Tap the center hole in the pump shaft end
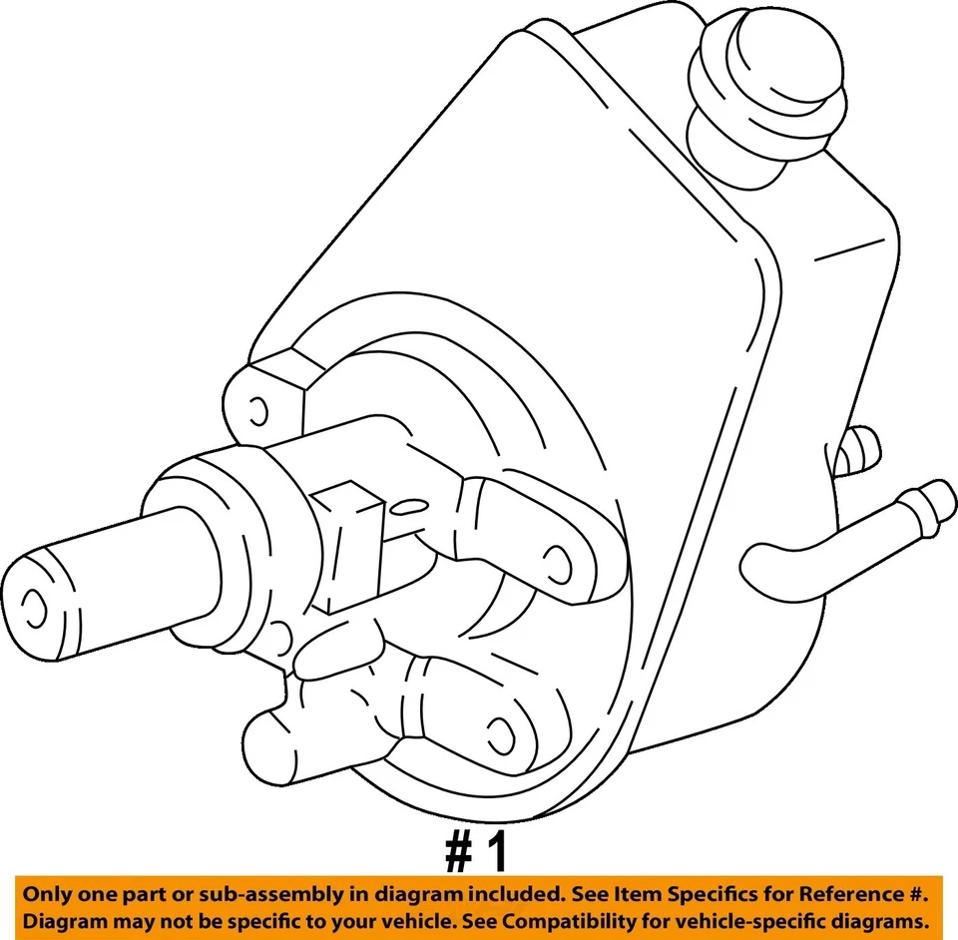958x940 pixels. click(x=34, y=603)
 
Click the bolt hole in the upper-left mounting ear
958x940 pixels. click(x=257, y=410)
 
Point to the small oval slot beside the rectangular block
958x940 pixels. click(x=404, y=508)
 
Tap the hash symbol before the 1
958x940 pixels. click(x=457, y=854)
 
